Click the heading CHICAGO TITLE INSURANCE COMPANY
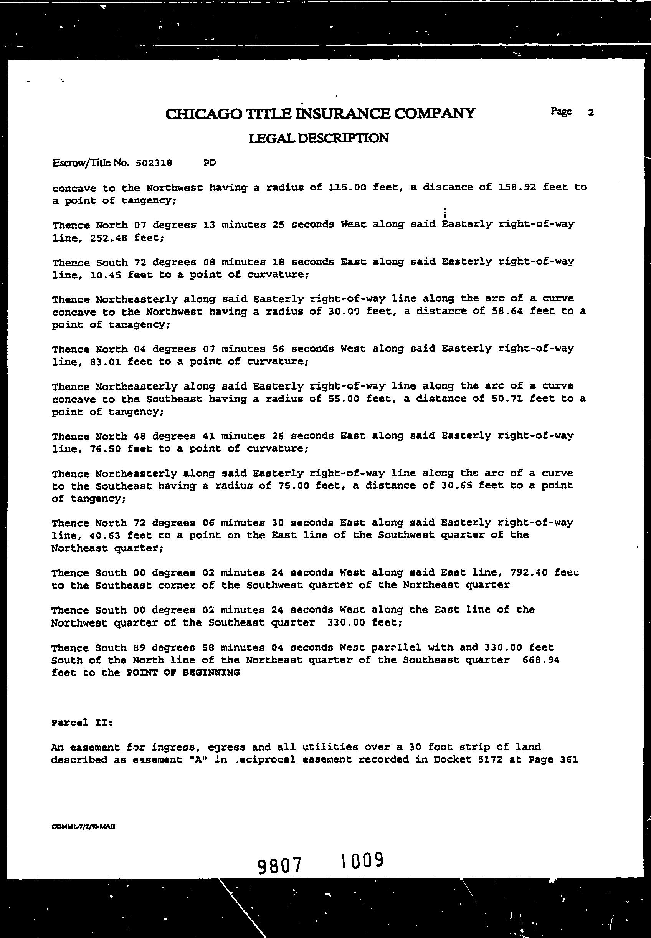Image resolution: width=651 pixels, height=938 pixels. [x=320, y=113]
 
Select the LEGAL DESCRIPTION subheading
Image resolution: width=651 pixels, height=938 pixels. [x=319, y=138]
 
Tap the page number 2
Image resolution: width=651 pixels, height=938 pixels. [x=591, y=112]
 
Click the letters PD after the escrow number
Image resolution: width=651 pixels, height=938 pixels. [x=210, y=163]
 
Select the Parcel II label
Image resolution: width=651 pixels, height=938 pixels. [x=82, y=723]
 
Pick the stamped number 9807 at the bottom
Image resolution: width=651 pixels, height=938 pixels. [x=281, y=865]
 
